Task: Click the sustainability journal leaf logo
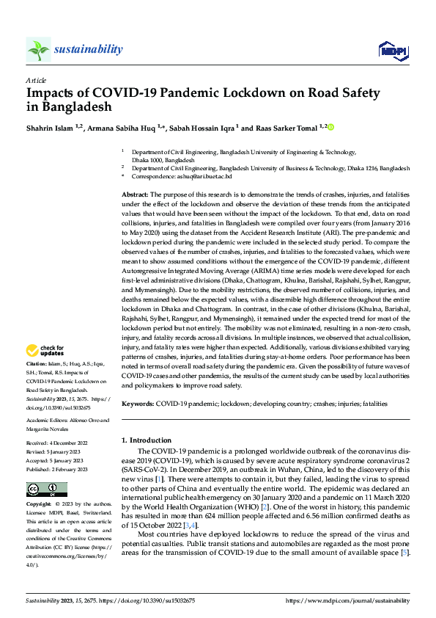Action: (x=38, y=50)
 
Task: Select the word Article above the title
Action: (x=36, y=80)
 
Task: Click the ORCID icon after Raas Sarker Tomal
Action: (x=330, y=128)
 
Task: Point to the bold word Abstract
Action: (x=135, y=193)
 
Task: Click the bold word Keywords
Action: (x=137, y=404)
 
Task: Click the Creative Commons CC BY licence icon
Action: (x=46, y=490)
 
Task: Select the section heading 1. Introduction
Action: (x=146, y=440)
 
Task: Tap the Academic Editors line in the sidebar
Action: (x=67, y=421)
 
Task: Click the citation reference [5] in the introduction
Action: (x=403, y=552)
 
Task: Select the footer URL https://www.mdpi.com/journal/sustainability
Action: (x=347, y=600)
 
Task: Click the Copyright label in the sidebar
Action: (x=39, y=505)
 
